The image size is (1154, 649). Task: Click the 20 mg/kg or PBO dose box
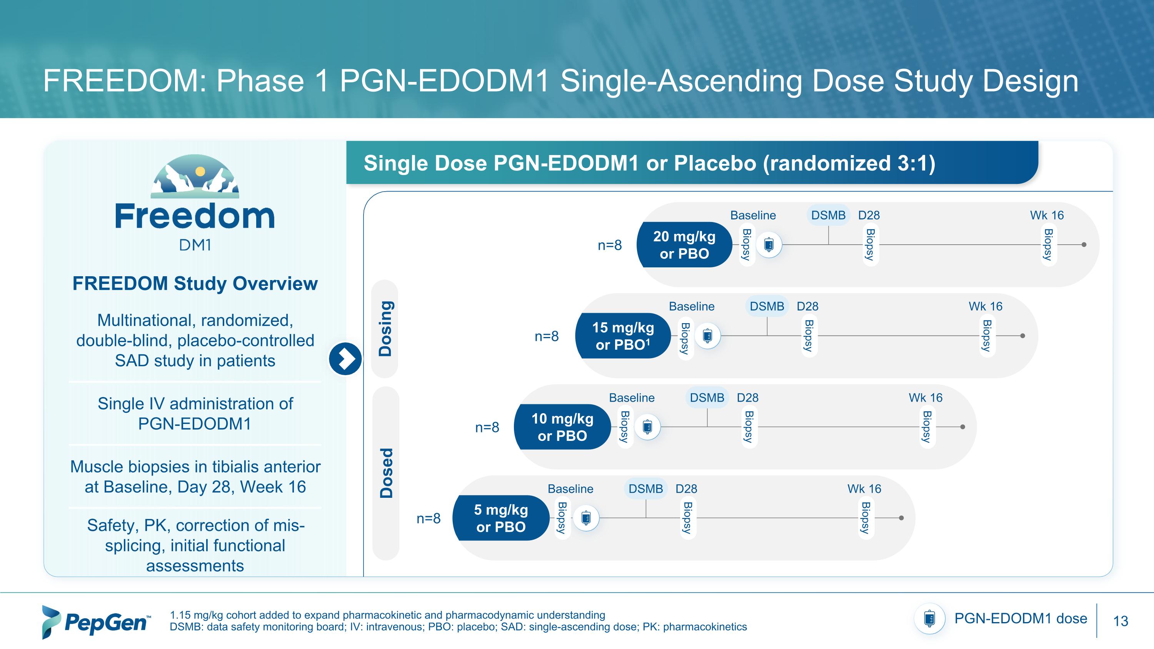pos(684,245)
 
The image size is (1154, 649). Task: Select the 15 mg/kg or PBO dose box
pos(623,336)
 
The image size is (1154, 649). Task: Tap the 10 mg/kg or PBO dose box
pos(562,427)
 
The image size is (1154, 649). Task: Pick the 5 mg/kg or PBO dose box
pos(501,518)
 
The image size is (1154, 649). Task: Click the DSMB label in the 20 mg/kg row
pos(828,215)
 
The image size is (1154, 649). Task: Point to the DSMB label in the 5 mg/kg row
pos(645,489)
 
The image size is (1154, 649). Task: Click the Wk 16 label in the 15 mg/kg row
pos(985,306)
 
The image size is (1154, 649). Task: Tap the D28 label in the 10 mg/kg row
pos(747,398)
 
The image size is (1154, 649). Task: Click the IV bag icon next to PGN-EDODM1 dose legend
pos(930,619)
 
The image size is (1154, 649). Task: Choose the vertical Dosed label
pos(386,473)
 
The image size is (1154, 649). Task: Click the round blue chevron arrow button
pos(345,359)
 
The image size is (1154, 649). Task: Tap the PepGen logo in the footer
pos(96,622)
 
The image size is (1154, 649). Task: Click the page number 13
pos(1121,621)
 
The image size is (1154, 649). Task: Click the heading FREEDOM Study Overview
pos(195,284)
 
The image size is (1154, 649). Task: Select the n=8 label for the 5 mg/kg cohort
pos(428,519)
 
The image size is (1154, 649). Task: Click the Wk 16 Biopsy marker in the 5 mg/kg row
pos(865,518)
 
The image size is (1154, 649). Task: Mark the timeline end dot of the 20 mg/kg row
pos(1084,245)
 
